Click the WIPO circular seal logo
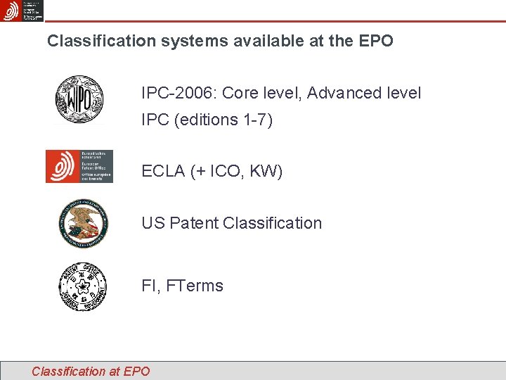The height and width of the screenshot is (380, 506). click(80, 100)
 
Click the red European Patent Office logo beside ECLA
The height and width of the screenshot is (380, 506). click(79, 166)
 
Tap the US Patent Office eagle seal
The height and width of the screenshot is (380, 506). click(84, 223)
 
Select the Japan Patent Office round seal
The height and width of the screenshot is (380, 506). click(83, 286)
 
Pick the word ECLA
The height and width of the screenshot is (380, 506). click(164, 171)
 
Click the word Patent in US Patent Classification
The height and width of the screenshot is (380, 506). click(193, 223)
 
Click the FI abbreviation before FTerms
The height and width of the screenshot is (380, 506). click(148, 286)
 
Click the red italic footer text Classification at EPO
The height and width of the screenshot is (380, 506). click(91, 371)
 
